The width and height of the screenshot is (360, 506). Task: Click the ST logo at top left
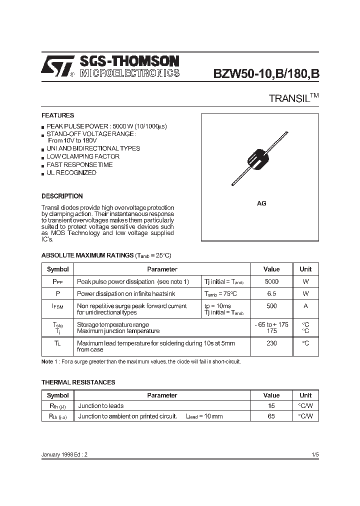[x=57, y=66]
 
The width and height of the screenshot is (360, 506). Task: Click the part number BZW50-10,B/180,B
[x=266, y=73]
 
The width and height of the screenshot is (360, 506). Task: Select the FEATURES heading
[x=57, y=115]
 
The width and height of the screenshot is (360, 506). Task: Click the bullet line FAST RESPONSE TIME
[x=79, y=164]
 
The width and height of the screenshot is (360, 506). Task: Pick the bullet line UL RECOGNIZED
[x=71, y=172]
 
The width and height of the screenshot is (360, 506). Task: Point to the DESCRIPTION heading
[x=62, y=196]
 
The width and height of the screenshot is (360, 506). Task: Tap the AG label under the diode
[x=261, y=203]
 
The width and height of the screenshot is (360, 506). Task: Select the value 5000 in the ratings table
[x=271, y=281]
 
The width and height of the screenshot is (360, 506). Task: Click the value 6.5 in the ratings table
[x=271, y=294]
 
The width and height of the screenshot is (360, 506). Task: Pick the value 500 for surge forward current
[x=271, y=306]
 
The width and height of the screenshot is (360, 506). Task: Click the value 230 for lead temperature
[x=271, y=343]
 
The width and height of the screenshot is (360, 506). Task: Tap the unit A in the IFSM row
[x=305, y=306]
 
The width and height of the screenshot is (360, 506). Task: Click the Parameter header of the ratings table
[x=162, y=269]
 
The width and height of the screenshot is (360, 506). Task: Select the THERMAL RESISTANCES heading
[x=78, y=382]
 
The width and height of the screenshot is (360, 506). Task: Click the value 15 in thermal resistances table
[x=271, y=406]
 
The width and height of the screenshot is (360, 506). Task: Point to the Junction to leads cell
[x=101, y=406]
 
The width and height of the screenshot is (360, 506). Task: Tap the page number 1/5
[x=314, y=455]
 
